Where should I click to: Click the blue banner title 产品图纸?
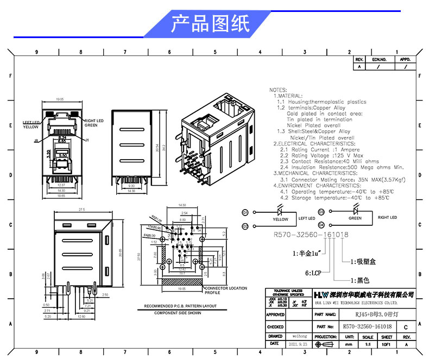[x=210, y=24]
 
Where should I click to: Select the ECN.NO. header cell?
[x=378, y=59]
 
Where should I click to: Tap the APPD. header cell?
[x=405, y=59]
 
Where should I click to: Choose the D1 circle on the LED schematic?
[x=245, y=212]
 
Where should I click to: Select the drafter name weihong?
[x=300, y=336]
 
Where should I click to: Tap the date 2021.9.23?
[x=300, y=344]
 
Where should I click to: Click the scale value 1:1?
[x=367, y=344]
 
